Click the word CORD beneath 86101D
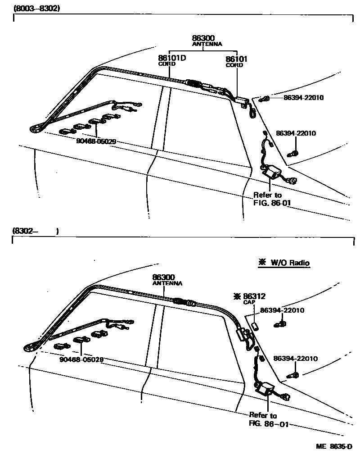[166, 64]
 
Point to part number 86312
[254, 296]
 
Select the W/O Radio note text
[290, 262]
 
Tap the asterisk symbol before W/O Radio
[261, 262]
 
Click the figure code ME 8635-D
[333, 446]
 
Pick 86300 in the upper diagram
[203, 38]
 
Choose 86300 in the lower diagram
[163, 277]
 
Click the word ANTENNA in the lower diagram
[167, 283]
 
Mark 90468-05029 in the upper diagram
[96, 141]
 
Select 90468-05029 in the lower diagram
[81, 359]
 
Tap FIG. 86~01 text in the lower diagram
[268, 424]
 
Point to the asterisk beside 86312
[237, 296]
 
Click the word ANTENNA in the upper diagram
[207, 44]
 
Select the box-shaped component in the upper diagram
[271, 172]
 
